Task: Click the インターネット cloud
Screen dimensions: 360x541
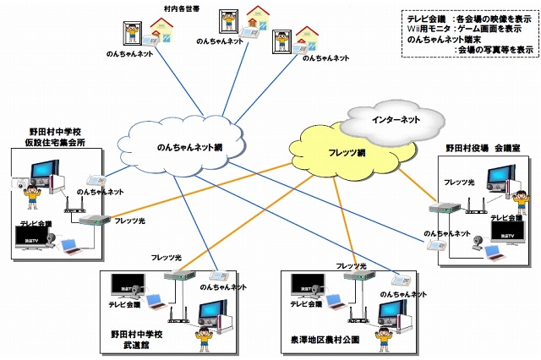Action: click(x=396, y=120)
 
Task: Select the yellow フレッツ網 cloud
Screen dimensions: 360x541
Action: click(x=346, y=153)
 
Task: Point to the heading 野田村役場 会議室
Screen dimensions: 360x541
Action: click(x=483, y=147)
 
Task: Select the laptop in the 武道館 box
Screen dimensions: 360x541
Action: click(x=156, y=301)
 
